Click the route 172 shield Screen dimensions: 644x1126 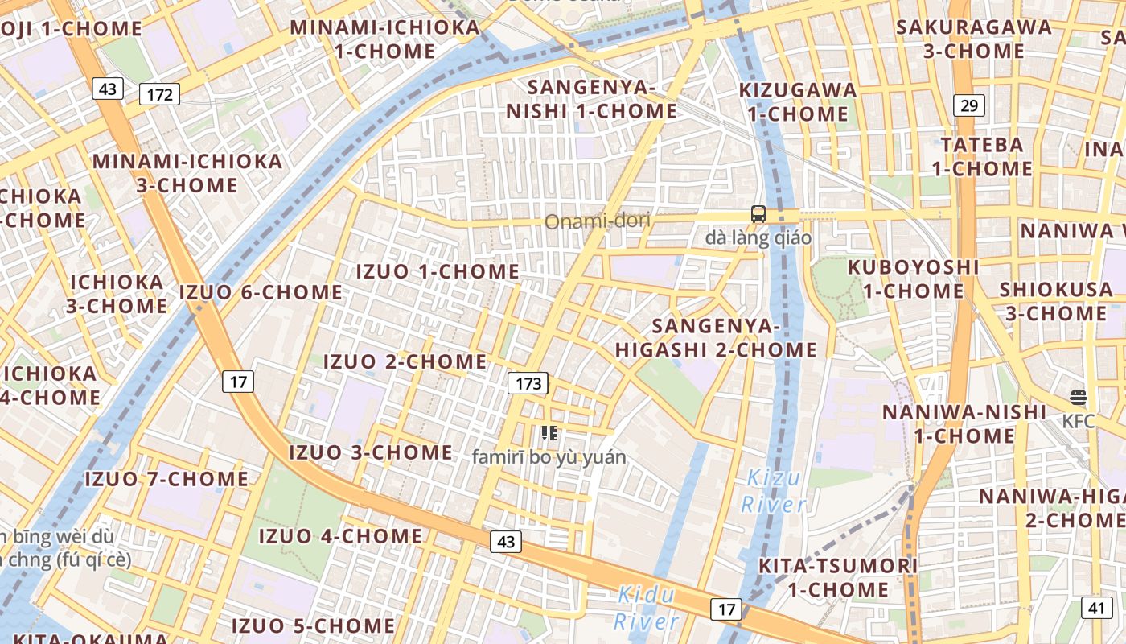tap(160, 94)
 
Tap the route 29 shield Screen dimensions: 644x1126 tap(969, 105)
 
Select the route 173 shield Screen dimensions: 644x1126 tap(528, 383)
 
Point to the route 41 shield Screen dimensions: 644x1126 tap(1097, 608)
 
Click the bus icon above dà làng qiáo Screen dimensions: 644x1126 tap(758, 214)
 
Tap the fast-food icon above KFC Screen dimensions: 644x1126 tap(1079, 398)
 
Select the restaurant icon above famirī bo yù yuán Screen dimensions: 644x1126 tap(549, 434)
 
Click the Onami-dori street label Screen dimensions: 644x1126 tap(598, 221)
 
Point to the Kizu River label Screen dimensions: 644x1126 tap(772, 491)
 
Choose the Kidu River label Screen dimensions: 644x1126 tap(647, 608)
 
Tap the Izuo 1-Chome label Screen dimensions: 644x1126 tap(438, 271)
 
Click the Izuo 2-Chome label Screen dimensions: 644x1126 tap(405, 361)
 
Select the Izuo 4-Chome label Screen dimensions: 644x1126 tap(340, 536)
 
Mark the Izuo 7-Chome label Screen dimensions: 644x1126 tap(166, 479)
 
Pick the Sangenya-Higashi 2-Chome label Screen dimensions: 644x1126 tap(716, 338)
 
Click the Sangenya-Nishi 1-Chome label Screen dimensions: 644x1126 tap(591, 99)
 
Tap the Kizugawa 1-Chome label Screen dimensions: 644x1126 tap(798, 101)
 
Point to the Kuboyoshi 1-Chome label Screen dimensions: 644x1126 tap(914, 279)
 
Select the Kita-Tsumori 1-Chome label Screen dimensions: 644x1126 tap(838, 577)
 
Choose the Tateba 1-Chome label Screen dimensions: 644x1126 tap(983, 157)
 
